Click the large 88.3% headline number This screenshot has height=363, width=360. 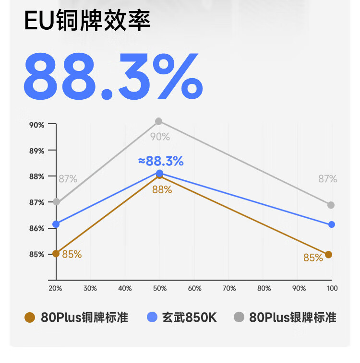click(113, 75)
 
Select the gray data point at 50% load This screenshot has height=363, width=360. click(159, 121)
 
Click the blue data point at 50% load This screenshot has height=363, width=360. click(159, 173)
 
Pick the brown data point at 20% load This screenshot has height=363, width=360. click(56, 253)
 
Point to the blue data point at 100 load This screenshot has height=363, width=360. click(332, 224)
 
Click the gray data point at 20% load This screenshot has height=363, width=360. click(57, 201)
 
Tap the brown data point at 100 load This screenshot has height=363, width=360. click(328, 254)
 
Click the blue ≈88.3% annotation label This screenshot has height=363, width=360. click(160, 161)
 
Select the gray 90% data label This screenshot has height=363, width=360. click(160, 137)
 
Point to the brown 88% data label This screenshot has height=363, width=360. click(162, 189)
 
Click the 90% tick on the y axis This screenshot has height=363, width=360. click(36, 125)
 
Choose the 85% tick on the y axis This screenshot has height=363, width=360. click(36, 254)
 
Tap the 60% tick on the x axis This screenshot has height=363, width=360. click(194, 288)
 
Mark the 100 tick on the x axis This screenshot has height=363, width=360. click(332, 288)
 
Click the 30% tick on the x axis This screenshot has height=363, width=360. click(90, 288)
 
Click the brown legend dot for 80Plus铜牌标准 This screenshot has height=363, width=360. click(30, 317)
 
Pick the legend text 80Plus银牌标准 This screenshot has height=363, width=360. click(292, 317)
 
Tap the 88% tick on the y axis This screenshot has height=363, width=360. click(36, 176)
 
